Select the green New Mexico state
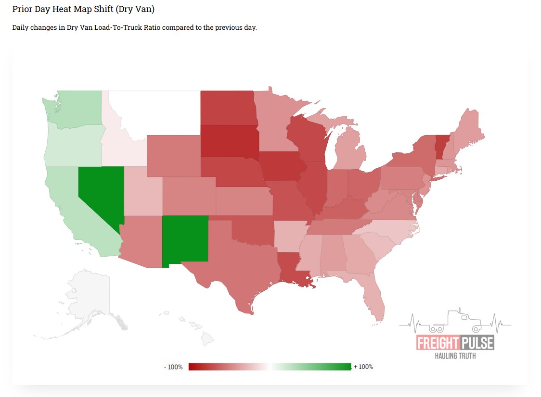185,239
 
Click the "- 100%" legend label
173,367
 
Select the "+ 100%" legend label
363,367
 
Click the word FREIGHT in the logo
438,343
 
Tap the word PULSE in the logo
477,343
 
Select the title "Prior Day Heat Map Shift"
83,9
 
